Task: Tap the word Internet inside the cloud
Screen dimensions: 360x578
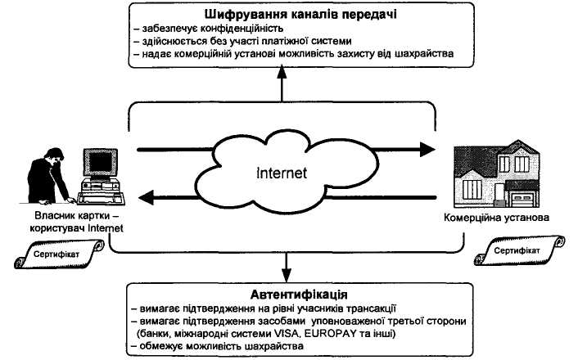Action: click(x=280, y=173)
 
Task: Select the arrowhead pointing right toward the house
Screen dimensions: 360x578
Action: click(x=425, y=151)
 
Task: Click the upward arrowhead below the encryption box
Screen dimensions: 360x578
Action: click(x=282, y=71)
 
